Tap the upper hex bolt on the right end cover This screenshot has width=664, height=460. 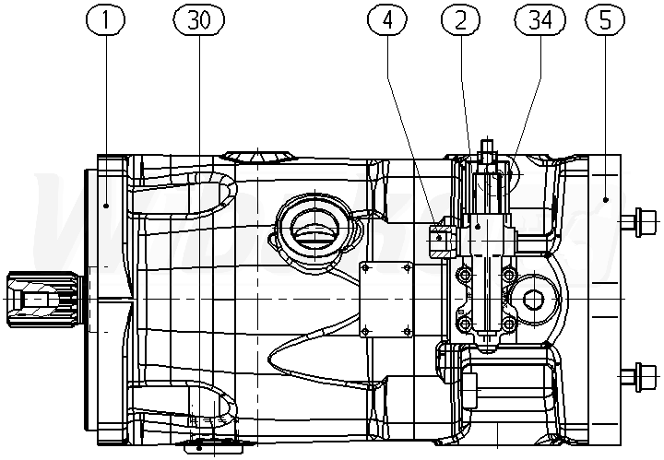(639, 221)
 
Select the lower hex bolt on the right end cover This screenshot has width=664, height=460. (639, 376)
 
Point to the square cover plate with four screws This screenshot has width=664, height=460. (386, 299)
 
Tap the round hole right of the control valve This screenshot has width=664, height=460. (532, 300)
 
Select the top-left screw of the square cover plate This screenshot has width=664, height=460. (366, 268)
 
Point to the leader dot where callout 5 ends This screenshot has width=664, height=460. (606, 198)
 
